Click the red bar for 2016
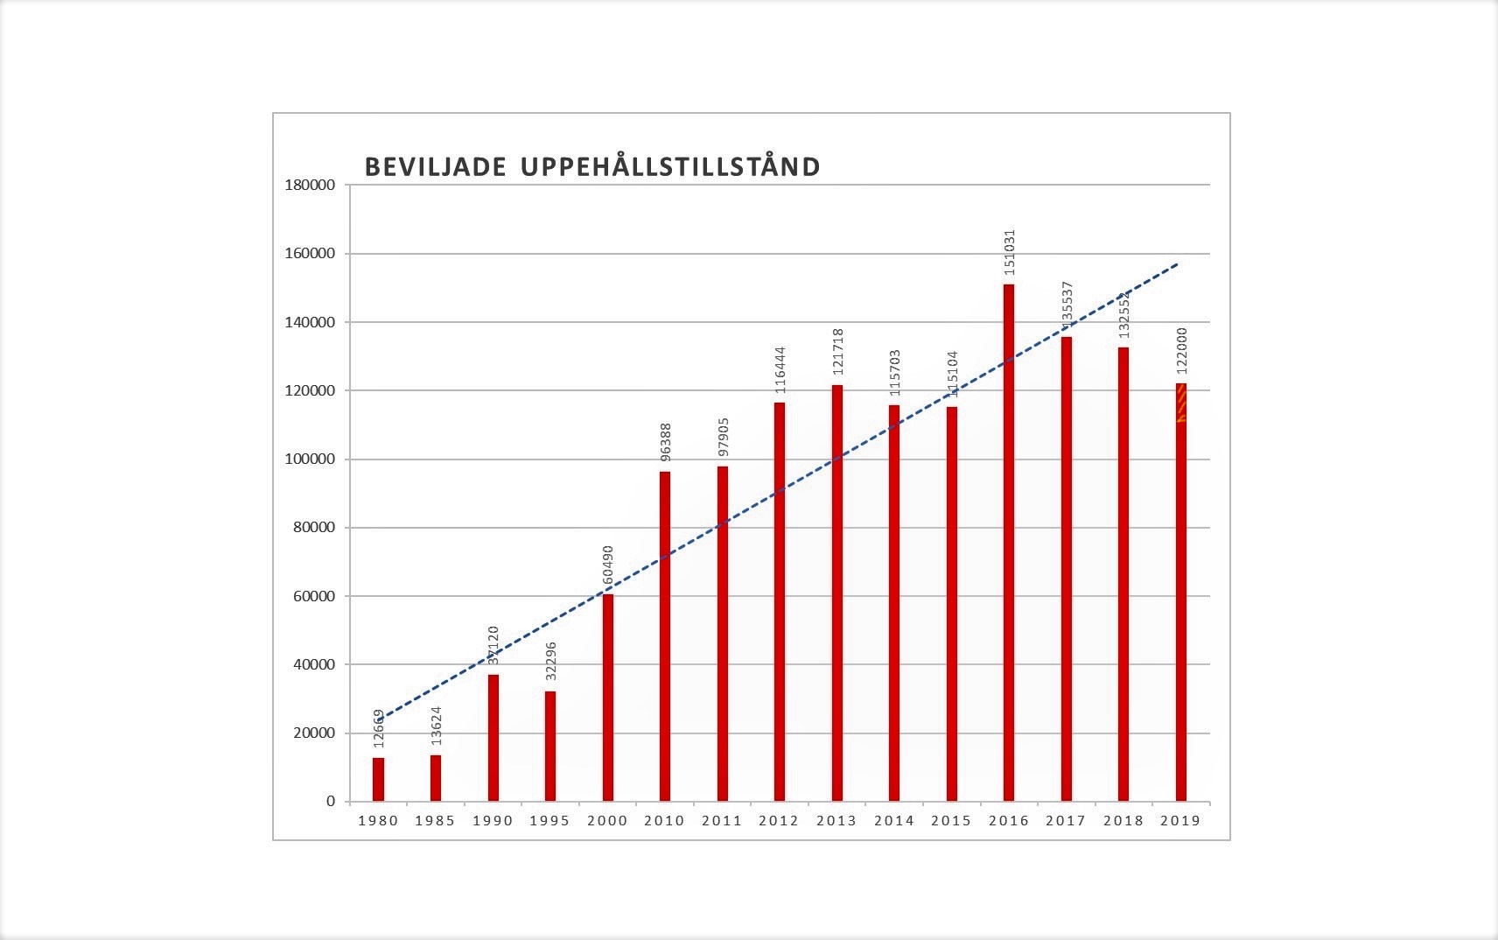pyautogui.click(x=1008, y=543)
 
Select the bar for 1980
pyautogui.click(x=378, y=779)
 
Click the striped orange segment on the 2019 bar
pyautogui.click(x=1180, y=403)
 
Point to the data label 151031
pyautogui.click(x=1010, y=253)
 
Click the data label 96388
pyautogui.click(x=666, y=442)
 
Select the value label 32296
pyautogui.click(x=551, y=661)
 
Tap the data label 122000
pyautogui.click(x=1182, y=351)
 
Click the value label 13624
pyautogui.click(x=437, y=725)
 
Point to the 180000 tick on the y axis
pyautogui.click(x=310, y=185)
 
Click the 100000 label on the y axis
pyautogui.click(x=310, y=459)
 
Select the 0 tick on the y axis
pyautogui.click(x=330, y=801)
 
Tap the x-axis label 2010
pyautogui.click(x=664, y=821)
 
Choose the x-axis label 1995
pyautogui.click(x=549, y=821)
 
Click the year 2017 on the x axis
pyautogui.click(x=1065, y=821)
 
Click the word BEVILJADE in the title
pyautogui.click(x=435, y=167)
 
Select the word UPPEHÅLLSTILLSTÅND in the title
pyautogui.click(x=670, y=167)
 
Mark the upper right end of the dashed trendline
pyautogui.click(x=1178, y=263)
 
